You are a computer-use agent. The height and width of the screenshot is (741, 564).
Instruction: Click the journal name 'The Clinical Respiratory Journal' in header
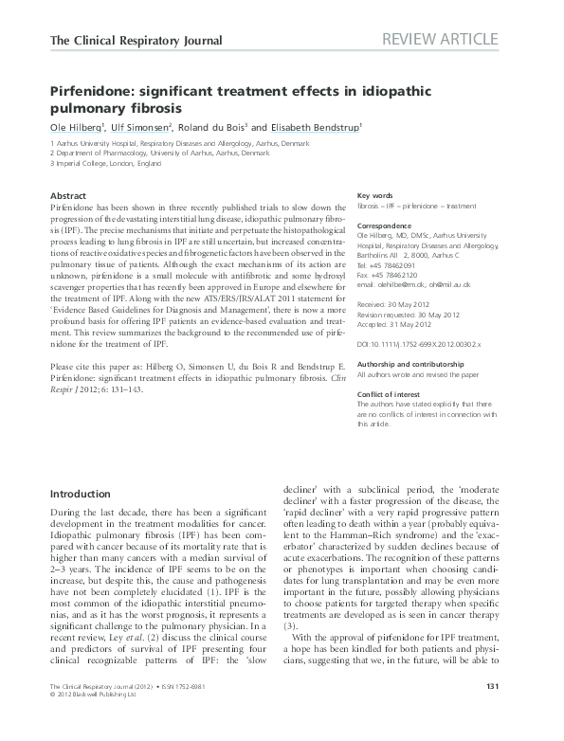pyautogui.click(x=135, y=41)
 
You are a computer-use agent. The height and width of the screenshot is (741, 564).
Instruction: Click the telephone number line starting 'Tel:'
pyautogui.click(x=387, y=265)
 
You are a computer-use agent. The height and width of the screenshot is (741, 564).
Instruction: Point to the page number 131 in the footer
pyautogui.click(x=519, y=713)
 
